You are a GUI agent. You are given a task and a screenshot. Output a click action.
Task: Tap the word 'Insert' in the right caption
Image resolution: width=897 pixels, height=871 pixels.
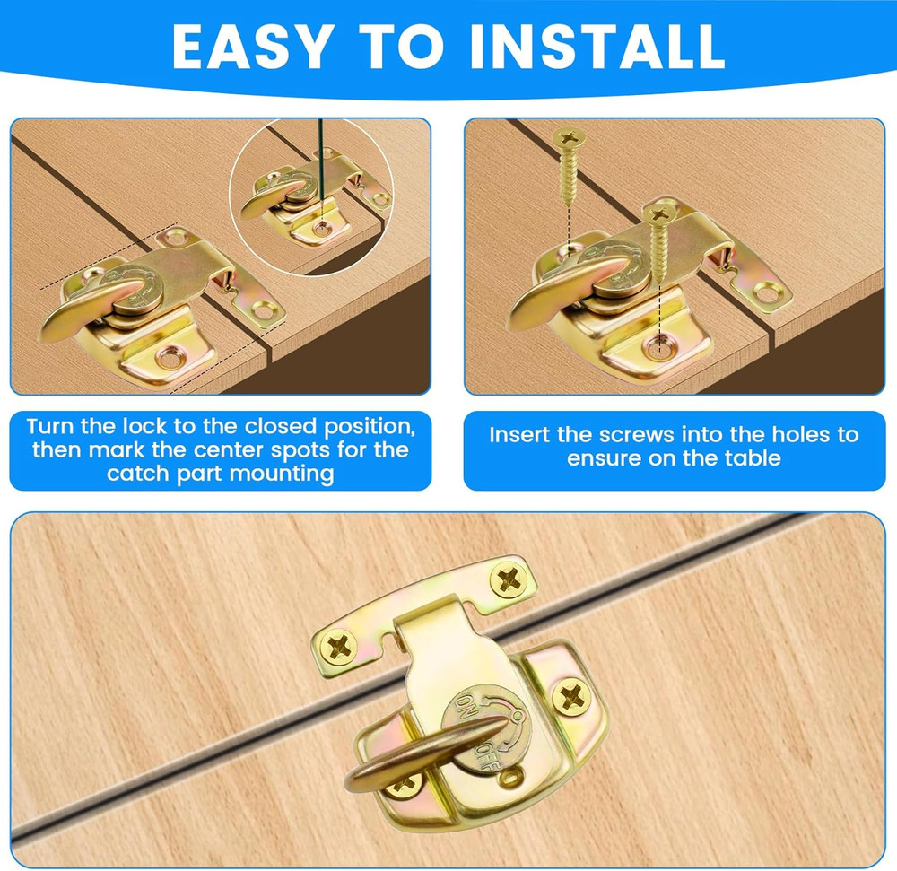click(519, 435)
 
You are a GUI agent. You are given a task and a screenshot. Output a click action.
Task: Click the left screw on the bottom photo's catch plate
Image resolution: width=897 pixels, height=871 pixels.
click(339, 646)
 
